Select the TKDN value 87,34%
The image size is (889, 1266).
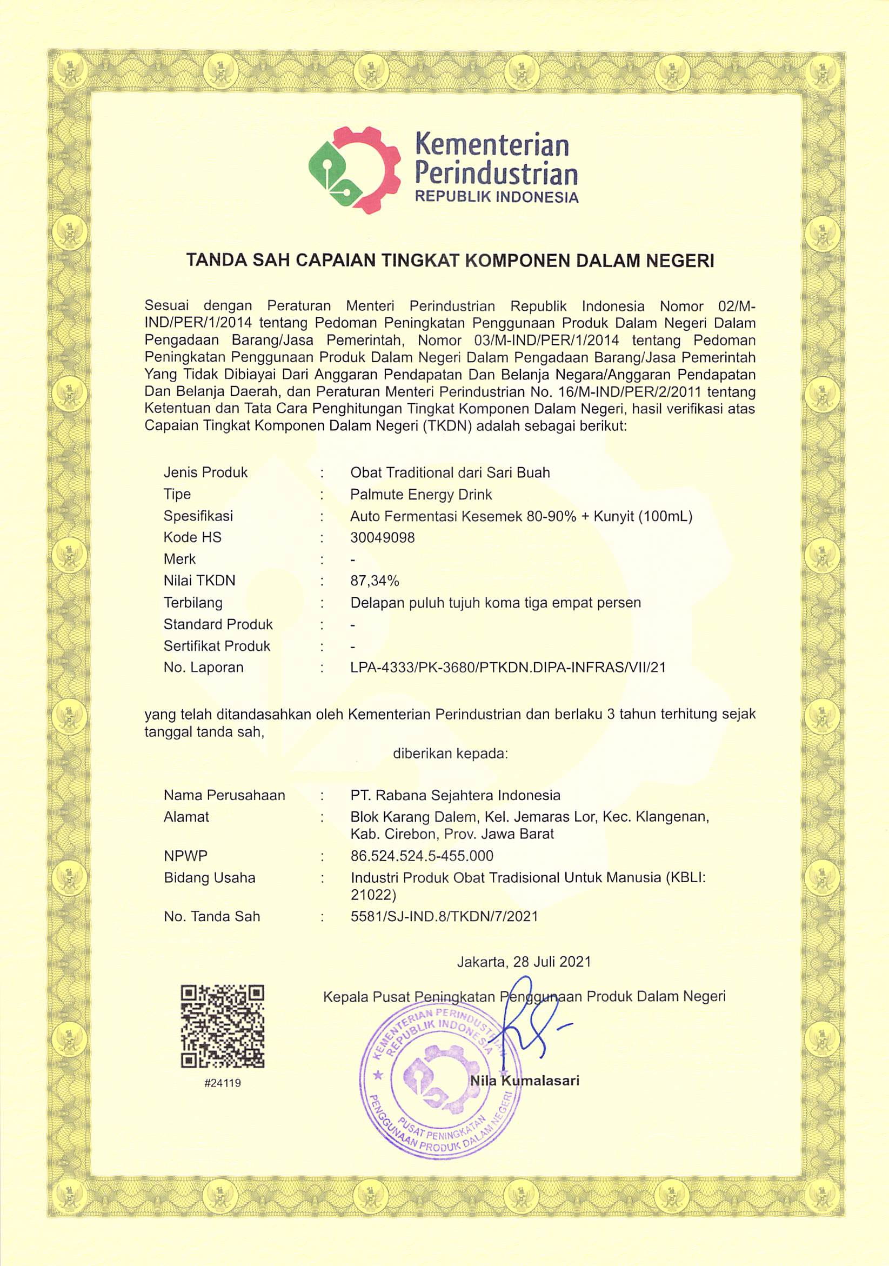pos(375,581)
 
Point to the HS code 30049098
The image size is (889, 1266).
pos(383,537)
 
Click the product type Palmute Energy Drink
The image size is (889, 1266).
pos(421,494)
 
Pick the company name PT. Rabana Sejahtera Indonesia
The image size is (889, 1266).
pos(455,795)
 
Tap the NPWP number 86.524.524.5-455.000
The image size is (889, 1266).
pos(422,856)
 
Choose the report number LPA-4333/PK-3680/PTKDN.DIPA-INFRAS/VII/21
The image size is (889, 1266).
pos(508,667)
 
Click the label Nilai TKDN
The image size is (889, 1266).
pos(199,581)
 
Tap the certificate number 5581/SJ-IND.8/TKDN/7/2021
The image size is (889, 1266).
pos(444,916)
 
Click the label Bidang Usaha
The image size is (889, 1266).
pos(210,877)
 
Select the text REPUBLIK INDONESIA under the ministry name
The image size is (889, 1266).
pos(496,197)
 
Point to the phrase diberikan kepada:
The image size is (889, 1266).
pos(450,753)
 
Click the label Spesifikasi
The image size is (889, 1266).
pos(198,516)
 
